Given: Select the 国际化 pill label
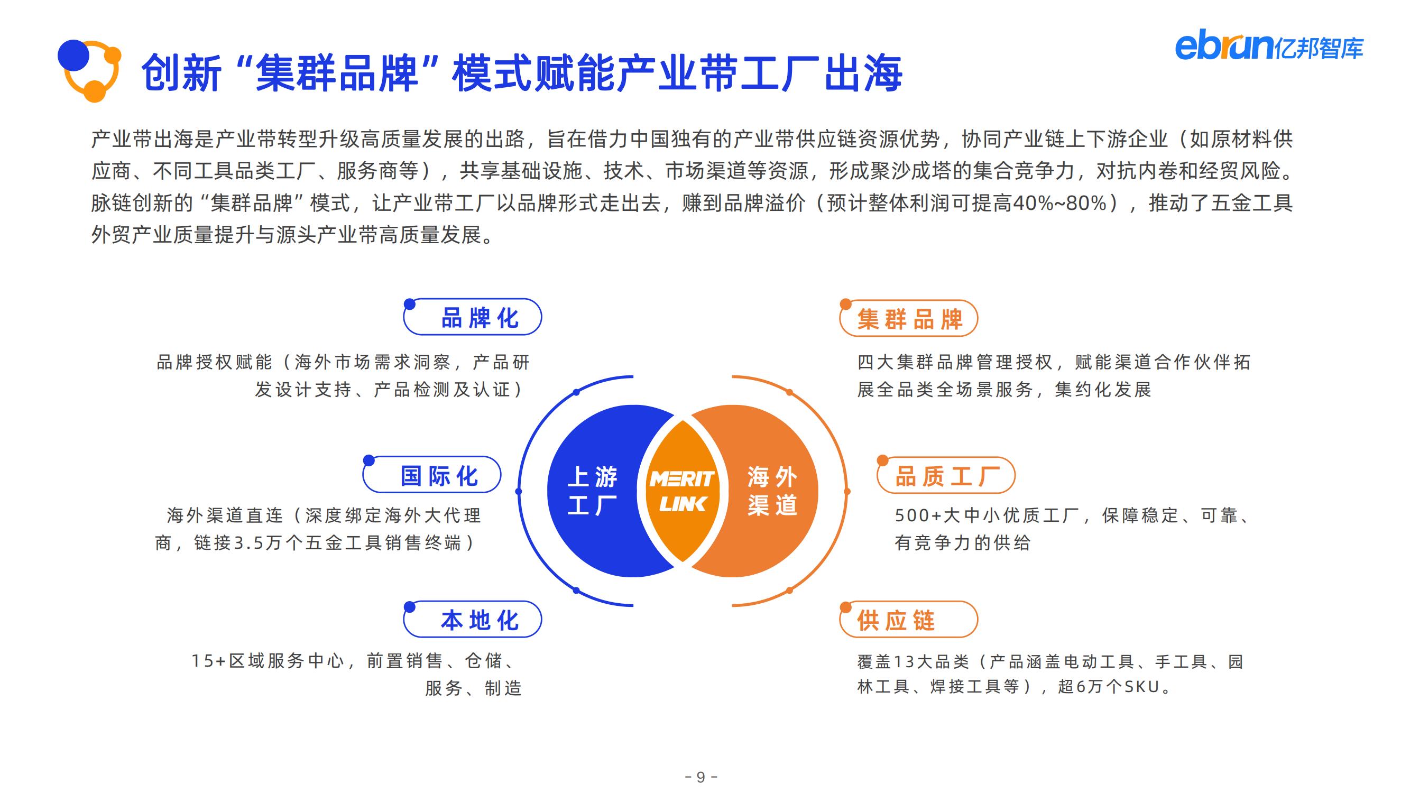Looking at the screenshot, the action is coord(432,475).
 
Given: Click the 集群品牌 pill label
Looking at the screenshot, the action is coord(909,318).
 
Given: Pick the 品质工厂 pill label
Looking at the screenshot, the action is coord(946,476).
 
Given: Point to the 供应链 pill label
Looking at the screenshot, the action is coord(909,620).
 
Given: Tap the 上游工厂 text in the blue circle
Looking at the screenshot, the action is coord(592,491).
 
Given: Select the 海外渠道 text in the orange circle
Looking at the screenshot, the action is coord(772,491).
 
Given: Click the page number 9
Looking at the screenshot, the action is coord(701,777).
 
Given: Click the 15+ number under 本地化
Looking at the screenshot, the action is coord(208,661).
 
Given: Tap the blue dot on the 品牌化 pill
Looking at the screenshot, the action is coord(409,305).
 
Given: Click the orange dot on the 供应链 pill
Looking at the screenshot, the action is coord(846,607).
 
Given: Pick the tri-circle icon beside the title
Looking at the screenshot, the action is coord(89,71).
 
